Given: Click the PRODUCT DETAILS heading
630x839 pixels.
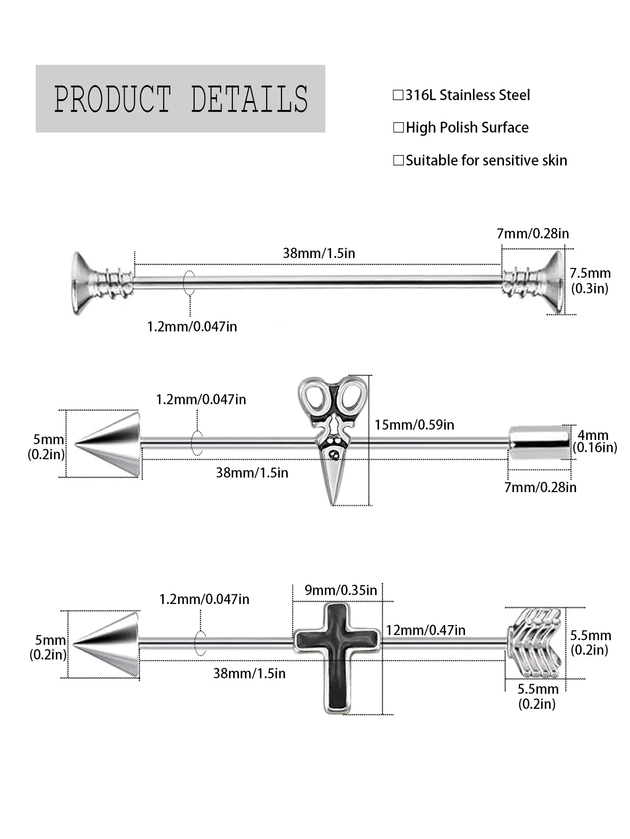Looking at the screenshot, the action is [x=181, y=99].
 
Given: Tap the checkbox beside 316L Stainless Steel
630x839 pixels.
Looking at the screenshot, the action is [x=398, y=95].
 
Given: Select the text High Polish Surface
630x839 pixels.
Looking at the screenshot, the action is [x=467, y=128].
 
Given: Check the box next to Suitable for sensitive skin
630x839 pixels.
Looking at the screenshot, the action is [x=398, y=161].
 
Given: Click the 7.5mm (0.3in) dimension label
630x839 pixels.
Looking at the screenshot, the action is [x=590, y=281].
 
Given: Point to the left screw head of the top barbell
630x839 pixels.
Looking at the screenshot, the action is [x=101, y=283].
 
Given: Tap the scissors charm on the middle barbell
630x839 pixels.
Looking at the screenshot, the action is [x=332, y=440].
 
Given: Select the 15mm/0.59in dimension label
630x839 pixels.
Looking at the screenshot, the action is [x=414, y=425].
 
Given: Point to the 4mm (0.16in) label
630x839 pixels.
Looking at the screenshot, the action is [x=595, y=441].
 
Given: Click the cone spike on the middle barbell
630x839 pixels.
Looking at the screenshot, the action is [x=108, y=444].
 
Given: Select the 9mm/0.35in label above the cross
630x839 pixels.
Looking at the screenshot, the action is [x=341, y=590].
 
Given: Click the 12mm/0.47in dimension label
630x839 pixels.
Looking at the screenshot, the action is [x=426, y=630].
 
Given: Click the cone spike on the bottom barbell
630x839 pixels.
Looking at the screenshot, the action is [x=107, y=644].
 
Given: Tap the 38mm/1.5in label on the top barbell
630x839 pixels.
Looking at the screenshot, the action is [x=319, y=253].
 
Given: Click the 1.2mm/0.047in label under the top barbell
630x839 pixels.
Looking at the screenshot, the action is [x=192, y=327].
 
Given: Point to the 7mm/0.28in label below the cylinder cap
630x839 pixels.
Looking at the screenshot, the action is [x=540, y=487].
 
